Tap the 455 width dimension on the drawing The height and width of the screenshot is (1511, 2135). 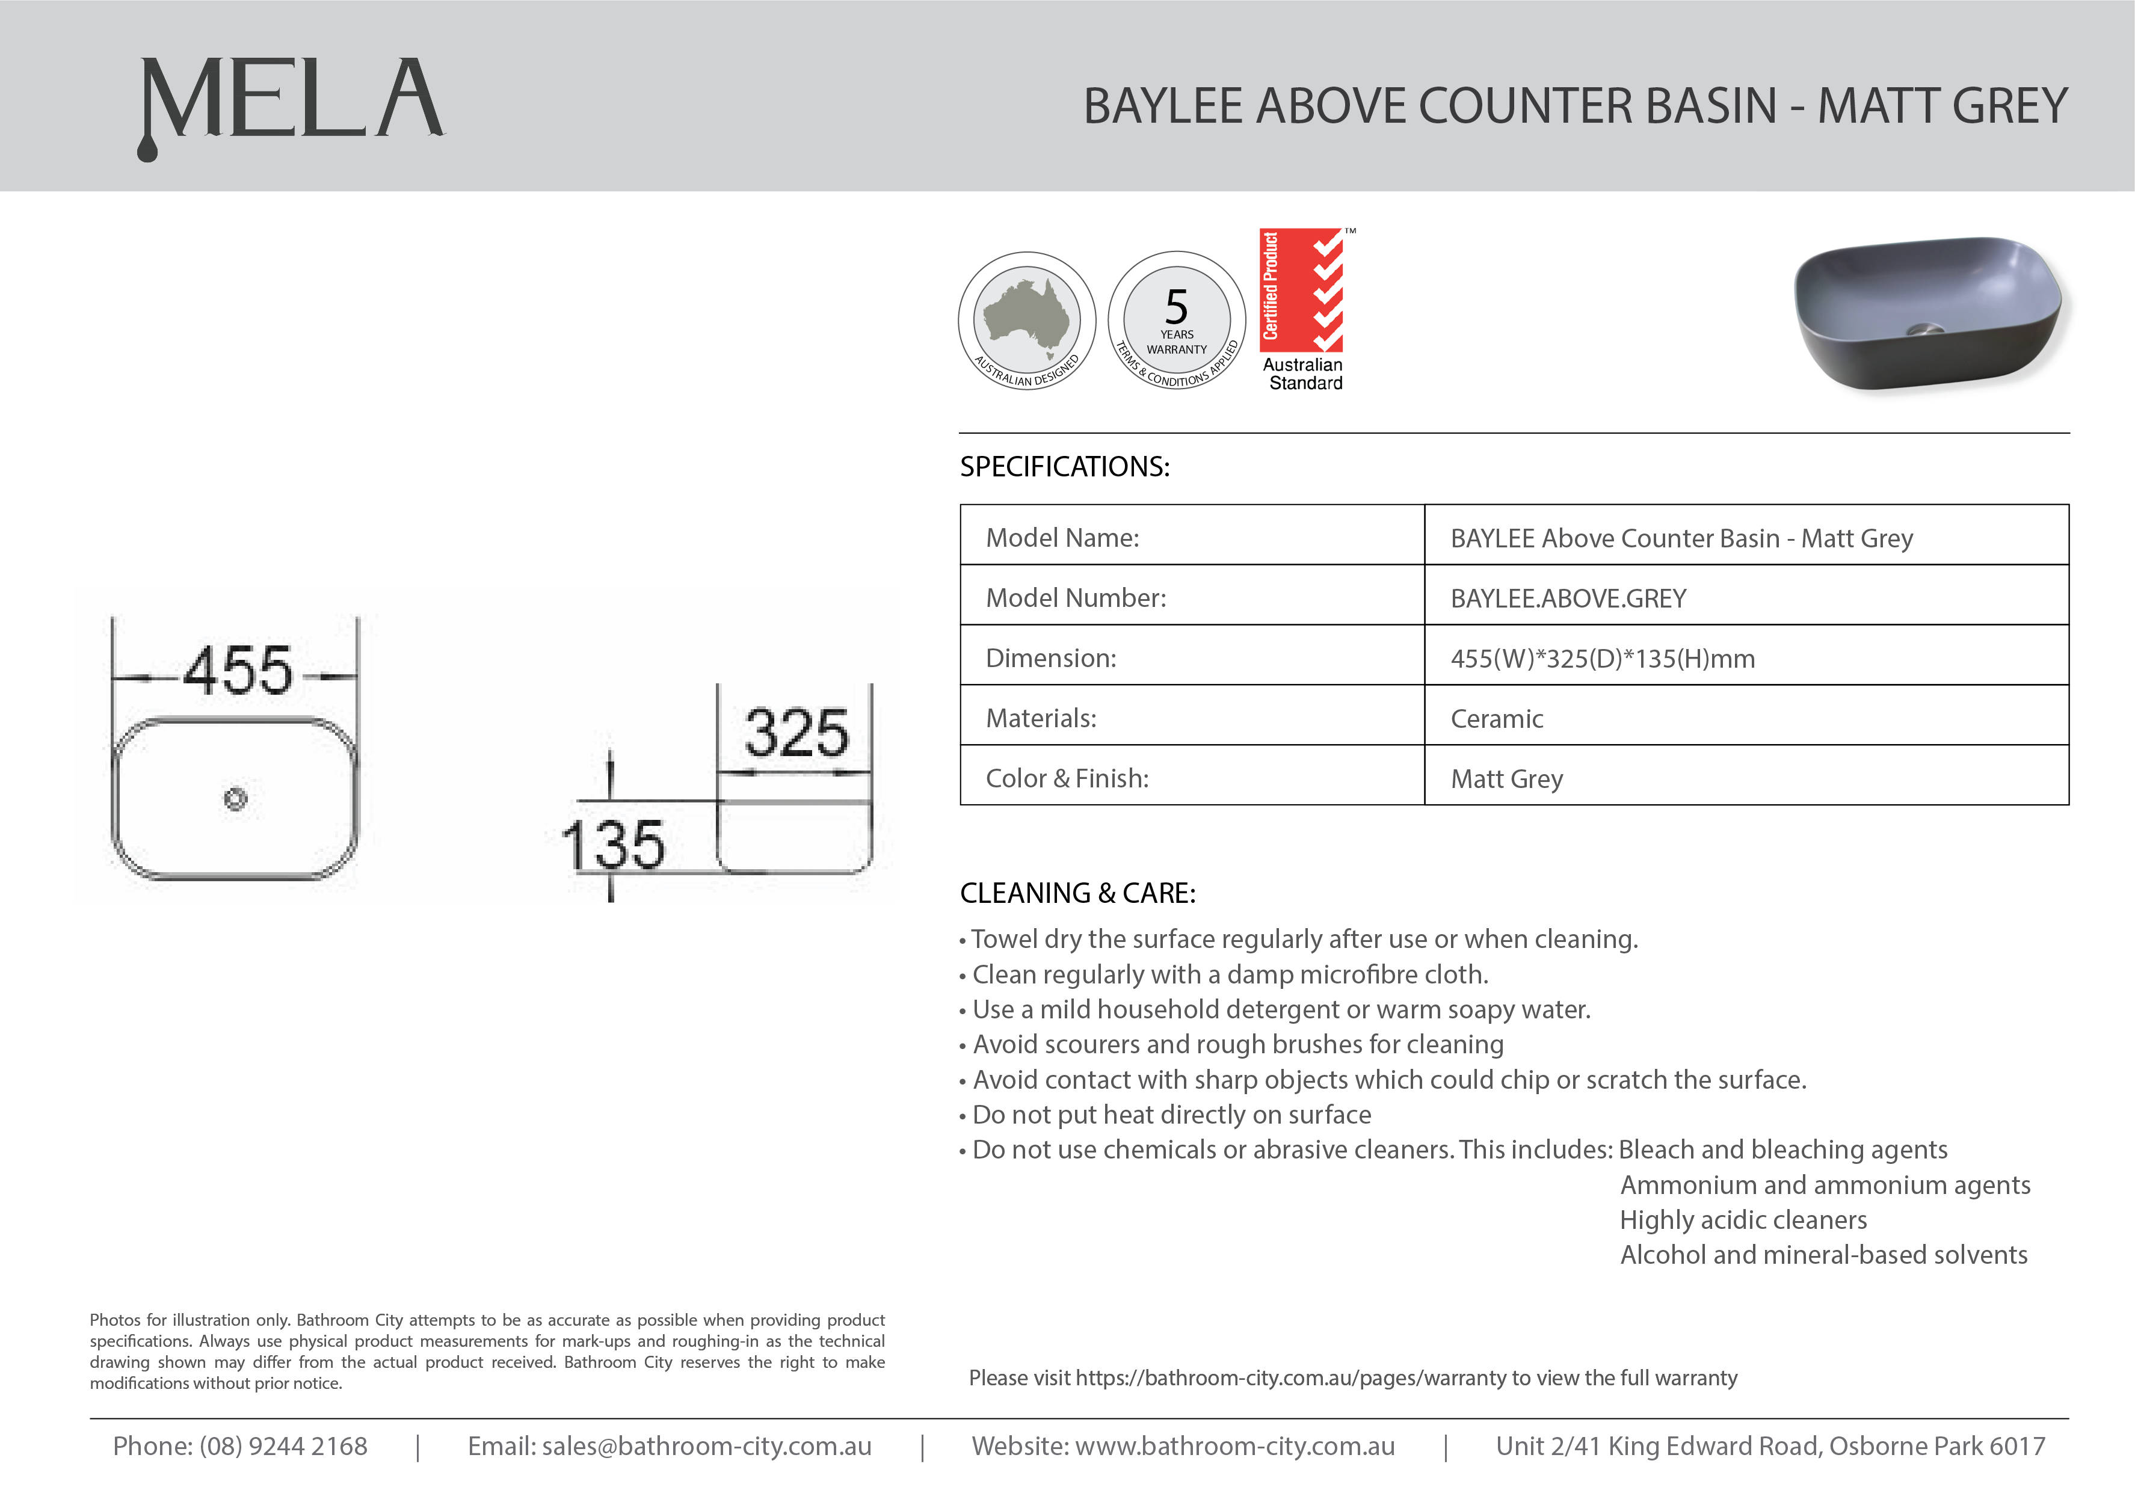pyautogui.click(x=238, y=671)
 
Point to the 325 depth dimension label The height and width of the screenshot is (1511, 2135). pyautogui.click(x=796, y=733)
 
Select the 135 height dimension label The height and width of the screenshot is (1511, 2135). pyautogui.click(x=613, y=845)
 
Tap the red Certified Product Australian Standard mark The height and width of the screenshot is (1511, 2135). pyautogui.click(x=1304, y=309)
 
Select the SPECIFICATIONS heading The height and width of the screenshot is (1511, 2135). pyautogui.click(x=1064, y=467)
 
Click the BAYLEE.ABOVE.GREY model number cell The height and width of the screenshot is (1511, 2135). pyautogui.click(x=1568, y=599)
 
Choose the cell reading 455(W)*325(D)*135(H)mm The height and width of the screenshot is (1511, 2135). pyautogui.click(x=1602, y=659)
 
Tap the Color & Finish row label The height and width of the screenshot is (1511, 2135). pyautogui.click(x=1067, y=779)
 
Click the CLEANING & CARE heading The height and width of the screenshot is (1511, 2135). pyautogui.click(x=1077, y=893)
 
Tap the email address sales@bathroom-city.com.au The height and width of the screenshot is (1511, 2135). pyautogui.click(x=706, y=1447)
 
